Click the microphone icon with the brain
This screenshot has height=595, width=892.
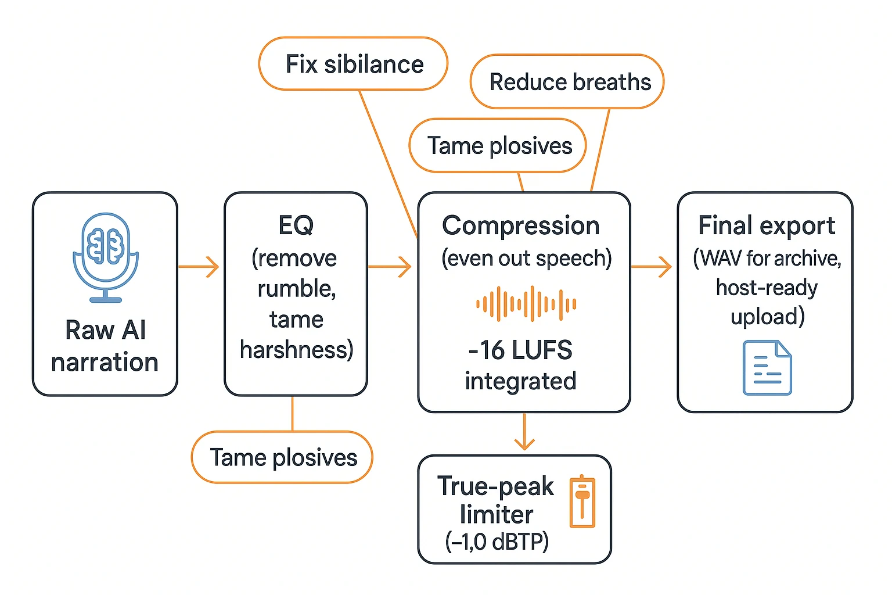coord(106,256)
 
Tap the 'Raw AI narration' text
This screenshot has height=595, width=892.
coord(105,346)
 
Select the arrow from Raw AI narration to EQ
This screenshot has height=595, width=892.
coord(199,267)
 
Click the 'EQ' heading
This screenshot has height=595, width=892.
coord(296,225)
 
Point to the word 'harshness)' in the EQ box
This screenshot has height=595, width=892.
coord(296,350)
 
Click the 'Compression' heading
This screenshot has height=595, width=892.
coord(521,225)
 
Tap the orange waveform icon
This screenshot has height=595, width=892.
coord(526,304)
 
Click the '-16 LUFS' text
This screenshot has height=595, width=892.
coord(520,350)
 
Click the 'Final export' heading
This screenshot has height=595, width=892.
coord(767,225)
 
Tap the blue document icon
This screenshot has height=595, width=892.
coord(767,368)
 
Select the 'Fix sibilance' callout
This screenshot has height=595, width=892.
coord(354,64)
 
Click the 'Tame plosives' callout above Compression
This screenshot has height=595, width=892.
coord(499,145)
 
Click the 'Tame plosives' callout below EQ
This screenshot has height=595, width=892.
coord(283,457)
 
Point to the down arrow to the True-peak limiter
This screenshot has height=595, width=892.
coord(524,432)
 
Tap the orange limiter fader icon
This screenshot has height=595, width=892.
coord(582,501)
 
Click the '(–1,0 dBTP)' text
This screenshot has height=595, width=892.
coord(497,542)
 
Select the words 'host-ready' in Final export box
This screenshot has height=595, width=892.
coord(767,288)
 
